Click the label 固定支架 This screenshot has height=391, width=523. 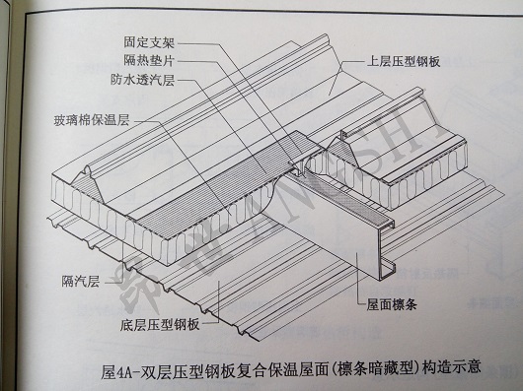149,42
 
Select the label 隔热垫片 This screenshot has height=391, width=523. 149,60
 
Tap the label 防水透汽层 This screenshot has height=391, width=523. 143,80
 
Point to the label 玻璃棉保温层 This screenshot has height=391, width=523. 92,120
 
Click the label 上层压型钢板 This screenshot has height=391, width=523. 404,62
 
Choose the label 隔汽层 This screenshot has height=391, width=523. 81,282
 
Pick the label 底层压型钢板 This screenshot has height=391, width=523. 160,324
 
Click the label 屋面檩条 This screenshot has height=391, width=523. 392,303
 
